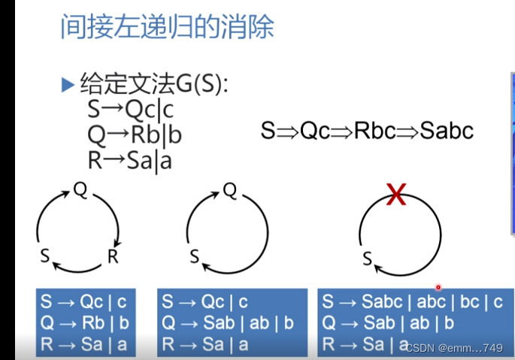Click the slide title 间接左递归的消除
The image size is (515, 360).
(166, 27)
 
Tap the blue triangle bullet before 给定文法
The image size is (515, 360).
(67, 84)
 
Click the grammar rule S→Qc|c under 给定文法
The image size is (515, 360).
(130, 110)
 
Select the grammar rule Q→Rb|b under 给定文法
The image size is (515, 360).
(135, 135)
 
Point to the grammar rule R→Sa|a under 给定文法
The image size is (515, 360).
(129, 159)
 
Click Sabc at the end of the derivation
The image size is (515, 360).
(447, 131)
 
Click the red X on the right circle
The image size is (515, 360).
(395, 197)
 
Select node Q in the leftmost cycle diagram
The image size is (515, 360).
(80, 190)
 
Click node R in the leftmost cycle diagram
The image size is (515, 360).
(113, 257)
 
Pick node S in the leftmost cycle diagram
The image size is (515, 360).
(44, 257)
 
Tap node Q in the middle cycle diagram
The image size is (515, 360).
(230, 190)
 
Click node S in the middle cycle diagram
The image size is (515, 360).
(194, 257)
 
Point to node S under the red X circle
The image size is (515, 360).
(368, 260)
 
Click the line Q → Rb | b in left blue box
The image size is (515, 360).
(83, 323)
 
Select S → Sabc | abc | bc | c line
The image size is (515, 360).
(412, 302)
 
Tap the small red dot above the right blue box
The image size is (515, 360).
(438, 286)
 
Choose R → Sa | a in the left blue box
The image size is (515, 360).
(83, 344)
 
